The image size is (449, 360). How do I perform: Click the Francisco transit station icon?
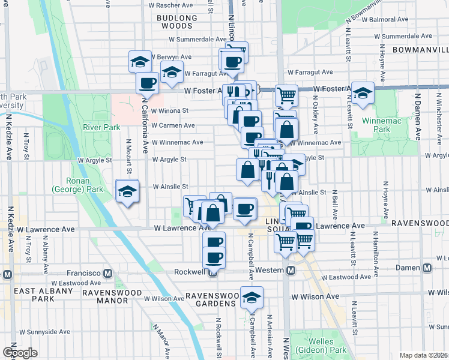click(x=108, y=274)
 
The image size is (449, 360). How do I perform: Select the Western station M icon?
click(x=291, y=271)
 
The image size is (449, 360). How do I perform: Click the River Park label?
click(x=101, y=127)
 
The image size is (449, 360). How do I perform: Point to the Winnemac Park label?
click(x=377, y=125)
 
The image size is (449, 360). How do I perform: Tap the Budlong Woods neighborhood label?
click(x=177, y=22)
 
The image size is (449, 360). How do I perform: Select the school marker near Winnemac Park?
click(x=363, y=92)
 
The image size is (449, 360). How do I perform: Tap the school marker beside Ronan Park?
click(x=127, y=191)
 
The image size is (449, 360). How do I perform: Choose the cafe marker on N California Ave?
click(x=146, y=83)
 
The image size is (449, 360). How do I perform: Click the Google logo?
click(x=20, y=353)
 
